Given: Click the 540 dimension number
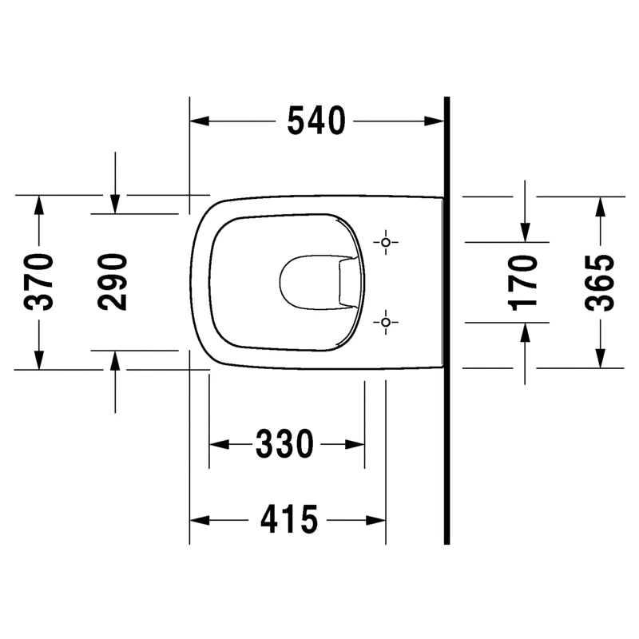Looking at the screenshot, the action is tap(316, 121).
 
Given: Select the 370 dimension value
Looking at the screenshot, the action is tap(38, 282).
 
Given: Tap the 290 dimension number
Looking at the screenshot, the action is tap(113, 282).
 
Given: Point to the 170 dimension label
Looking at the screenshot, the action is tap(523, 282).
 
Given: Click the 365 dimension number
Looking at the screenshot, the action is tap(599, 282).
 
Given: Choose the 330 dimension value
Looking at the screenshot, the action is tap(284, 443).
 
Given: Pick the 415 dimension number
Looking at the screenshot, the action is tap(289, 520).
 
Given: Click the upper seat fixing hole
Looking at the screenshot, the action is tap(386, 243).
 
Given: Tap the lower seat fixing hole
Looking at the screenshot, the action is tap(386, 323).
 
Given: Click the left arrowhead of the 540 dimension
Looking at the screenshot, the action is tap(200, 121).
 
